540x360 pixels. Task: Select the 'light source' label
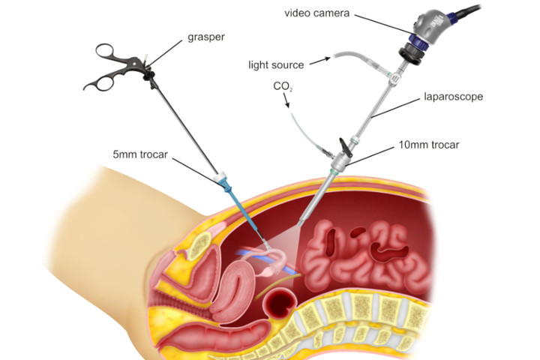(x=275, y=65)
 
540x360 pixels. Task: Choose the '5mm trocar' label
(x=140, y=154)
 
